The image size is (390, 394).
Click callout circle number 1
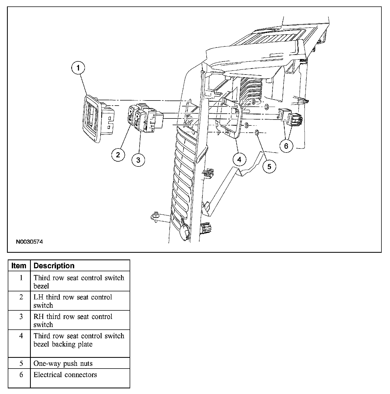click(78, 68)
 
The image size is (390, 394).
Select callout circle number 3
click(138, 160)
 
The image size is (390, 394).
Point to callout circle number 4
click(239, 159)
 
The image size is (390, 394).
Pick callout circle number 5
click(269, 166)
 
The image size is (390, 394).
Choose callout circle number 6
click(286, 146)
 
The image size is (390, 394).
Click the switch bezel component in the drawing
click(92, 118)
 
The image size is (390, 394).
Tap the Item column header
click(19, 266)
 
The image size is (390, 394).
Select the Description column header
click(54, 266)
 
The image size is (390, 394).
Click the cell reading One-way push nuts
click(63, 363)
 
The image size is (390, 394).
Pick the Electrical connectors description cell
click(65, 375)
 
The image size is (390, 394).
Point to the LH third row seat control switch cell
click(73, 301)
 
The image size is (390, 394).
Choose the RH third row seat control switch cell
click(73, 320)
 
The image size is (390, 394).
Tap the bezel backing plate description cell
click(79, 340)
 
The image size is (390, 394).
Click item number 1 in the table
click(21, 278)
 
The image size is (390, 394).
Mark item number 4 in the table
click(21, 336)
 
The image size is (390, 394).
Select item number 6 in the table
click(21, 375)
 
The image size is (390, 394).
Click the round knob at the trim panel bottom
click(184, 230)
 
